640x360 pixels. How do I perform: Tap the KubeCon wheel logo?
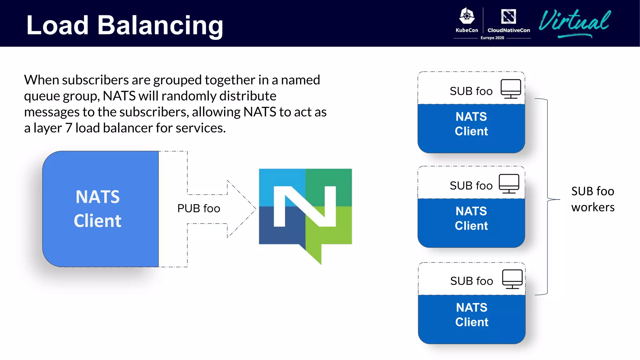(x=467, y=16)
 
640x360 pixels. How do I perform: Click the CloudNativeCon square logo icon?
(x=508, y=16)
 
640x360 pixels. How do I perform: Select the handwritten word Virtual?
(x=574, y=22)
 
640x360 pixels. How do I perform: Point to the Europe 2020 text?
(x=492, y=38)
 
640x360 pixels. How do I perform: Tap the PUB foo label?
(x=198, y=208)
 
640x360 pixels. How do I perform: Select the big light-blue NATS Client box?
(x=100, y=209)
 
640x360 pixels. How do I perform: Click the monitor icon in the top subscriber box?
(x=511, y=89)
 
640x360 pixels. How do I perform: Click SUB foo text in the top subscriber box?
(x=471, y=91)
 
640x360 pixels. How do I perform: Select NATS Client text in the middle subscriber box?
(x=471, y=218)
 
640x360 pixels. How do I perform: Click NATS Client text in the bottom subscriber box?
(x=472, y=315)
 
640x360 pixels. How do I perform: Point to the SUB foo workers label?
(x=592, y=199)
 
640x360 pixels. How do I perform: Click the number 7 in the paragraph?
(x=68, y=128)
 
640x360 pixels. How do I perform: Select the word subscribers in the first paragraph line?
(x=95, y=80)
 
